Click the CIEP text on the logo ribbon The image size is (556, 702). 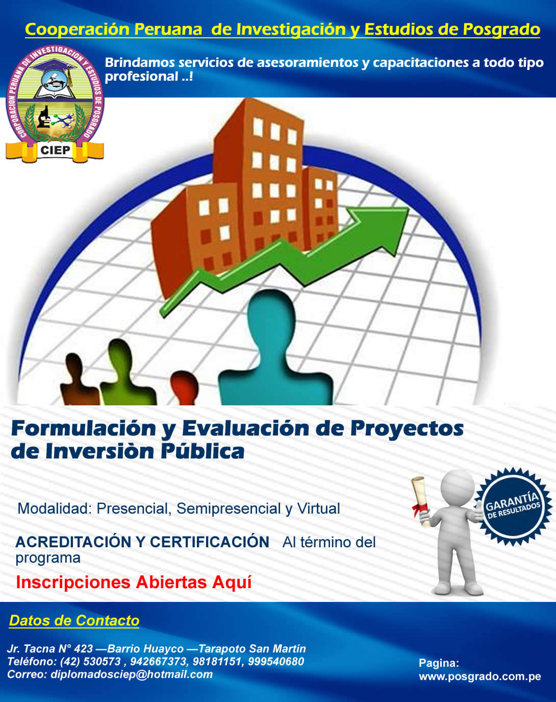pyautogui.click(x=55, y=150)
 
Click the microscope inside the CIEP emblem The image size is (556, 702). pyautogui.click(x=44, y=116)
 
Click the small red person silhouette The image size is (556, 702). pyautogui.click(x=184, y=388)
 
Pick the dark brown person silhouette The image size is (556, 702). pyautogui.click(x=78, y=379)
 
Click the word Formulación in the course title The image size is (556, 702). pyautogui.click(x=84, y=428)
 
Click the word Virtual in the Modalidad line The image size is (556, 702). pyautogui.click(x=318, y=508)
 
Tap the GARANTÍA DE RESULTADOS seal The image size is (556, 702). pyautogui.click(x=513, y=506)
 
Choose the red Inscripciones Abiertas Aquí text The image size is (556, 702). pyautogui.click(x=134, y=583)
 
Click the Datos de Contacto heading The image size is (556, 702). pyautogui.click(x=74, y=620)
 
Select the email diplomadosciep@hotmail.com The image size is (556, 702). pyautogui.click(x=132, y=674)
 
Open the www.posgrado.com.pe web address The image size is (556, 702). pyautogui.click(x=479, y=676)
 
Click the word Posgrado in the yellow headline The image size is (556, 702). pyautogui.click(x=501, y=30)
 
